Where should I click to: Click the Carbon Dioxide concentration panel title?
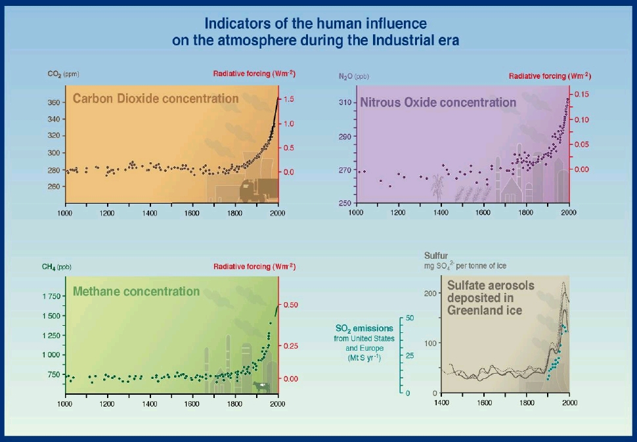156,99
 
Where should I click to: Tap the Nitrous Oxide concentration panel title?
438,102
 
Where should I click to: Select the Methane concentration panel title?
136,291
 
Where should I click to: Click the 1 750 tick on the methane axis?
52,296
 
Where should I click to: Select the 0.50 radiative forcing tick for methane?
290,305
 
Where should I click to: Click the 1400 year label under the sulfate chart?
443,402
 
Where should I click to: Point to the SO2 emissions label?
364,328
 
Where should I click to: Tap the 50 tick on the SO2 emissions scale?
409,318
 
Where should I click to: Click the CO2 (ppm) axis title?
63,74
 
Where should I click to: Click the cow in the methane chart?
262,386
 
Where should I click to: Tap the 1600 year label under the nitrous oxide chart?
483,213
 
